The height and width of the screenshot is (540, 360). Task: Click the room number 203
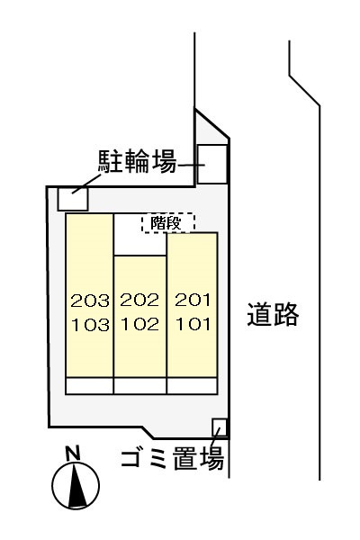(x=90, y=301)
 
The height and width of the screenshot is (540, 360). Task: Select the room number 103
(x=91, y=325)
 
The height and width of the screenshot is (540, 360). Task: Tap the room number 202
(x=139, y=300)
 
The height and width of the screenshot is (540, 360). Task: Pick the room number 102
(x=140, y=324)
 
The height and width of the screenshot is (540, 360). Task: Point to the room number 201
(x=193, y=300)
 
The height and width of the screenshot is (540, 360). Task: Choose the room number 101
(x=193, y=324)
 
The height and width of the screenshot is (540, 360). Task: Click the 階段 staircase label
(x=166, y=224)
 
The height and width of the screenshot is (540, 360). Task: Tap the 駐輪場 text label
(x=138, y=161)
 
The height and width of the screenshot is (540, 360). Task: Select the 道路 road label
(x=273, y=314)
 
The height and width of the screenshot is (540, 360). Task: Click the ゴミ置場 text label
(x=173, y=458)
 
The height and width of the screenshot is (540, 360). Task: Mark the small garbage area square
(x=220, y=427)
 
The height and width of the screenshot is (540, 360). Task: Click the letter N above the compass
(x=73, y=454)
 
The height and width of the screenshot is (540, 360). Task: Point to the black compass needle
(x=77, y=485)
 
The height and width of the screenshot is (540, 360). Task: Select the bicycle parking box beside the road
(x=212, y=165)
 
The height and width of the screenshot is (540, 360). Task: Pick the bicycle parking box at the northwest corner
(x=73, y=199)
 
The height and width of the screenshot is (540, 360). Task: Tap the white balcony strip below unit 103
(x=90, y=386)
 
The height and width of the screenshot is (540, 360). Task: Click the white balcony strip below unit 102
(x=140, y=386)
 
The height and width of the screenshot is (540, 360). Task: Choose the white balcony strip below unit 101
(x=193, y=386)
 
